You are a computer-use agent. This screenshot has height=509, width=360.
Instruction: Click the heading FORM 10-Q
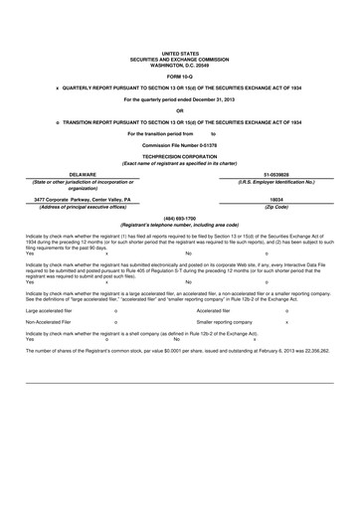pos(180,76)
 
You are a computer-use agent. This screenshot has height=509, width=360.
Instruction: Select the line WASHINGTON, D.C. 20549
pos(180,60)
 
